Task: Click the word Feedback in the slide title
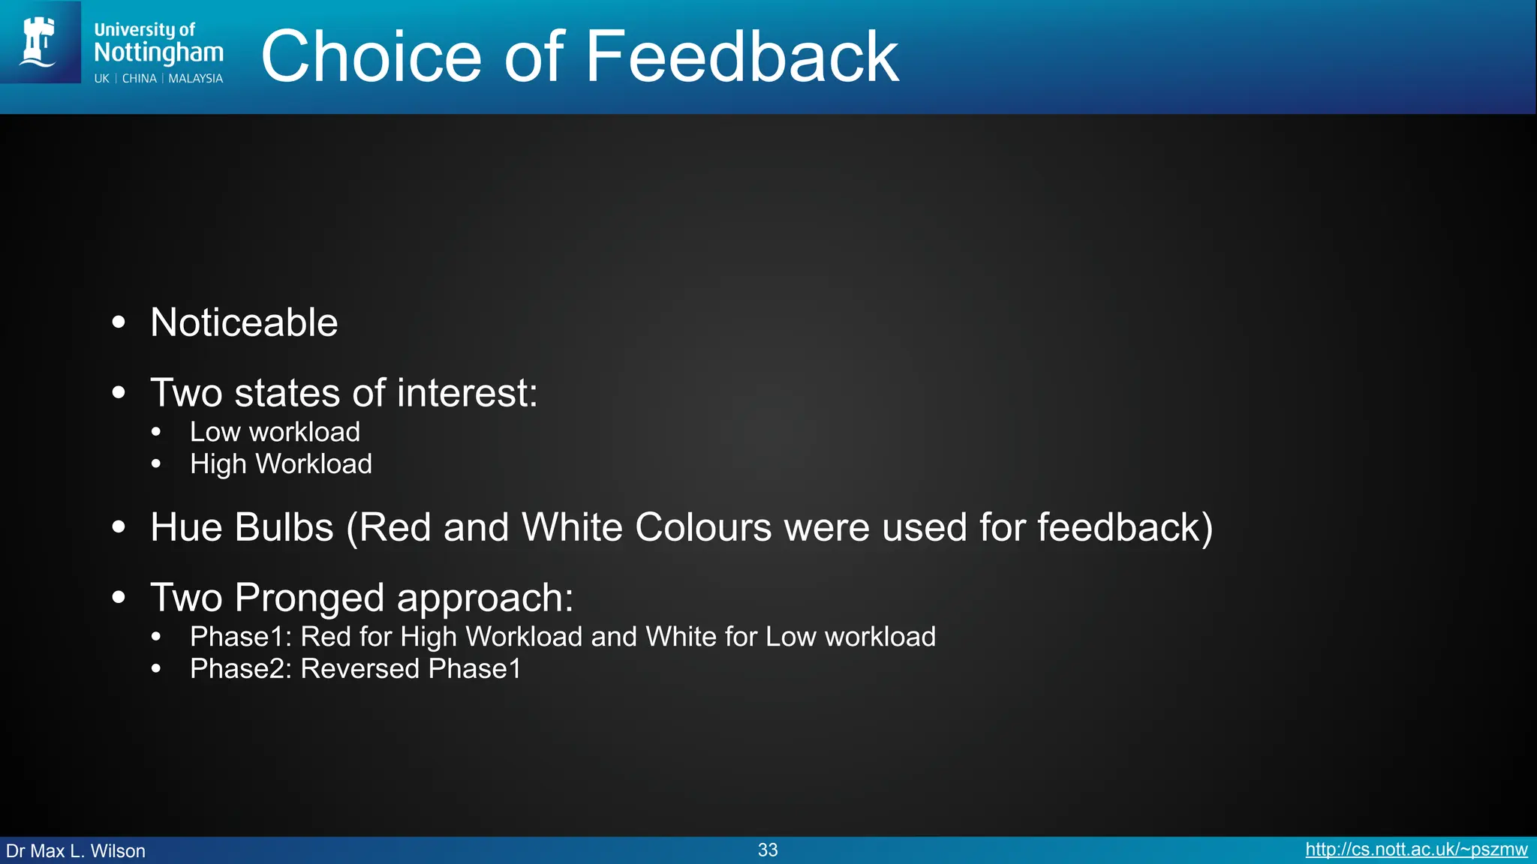tap(741, 57)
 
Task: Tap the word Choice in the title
tap(371, 57)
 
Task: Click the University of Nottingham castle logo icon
tap(39, 42)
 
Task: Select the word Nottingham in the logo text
tap(158, 52)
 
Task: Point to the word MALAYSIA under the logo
tap(195, 79)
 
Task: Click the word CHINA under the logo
tap(140, 79)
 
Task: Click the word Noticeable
tap(244, 322)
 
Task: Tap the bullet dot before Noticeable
tap(119, 322)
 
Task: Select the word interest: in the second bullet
tap(467, 393)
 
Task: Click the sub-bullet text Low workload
tap(275, 432)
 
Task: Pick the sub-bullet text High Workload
tap(281, 464)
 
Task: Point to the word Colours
tap(702, 527)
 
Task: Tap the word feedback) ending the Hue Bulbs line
tap(1124, 527)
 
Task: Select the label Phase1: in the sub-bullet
tap(240, 637)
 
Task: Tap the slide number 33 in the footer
tap(768, 850)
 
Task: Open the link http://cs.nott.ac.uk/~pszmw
tap(1416, 850)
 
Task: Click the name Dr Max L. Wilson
tap(76, 851)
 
